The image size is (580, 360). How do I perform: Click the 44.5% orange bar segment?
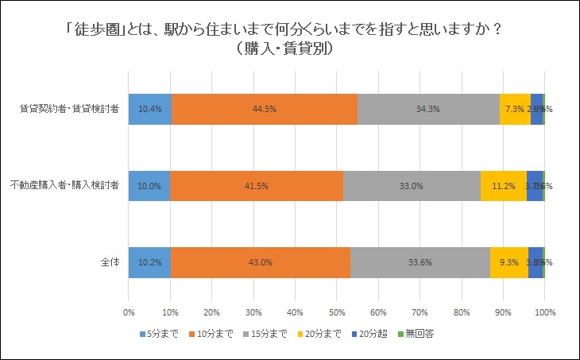pyautogui.click(x=265, y=109)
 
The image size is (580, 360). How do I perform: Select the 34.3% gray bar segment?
pyautogui.click(x=428, y=109)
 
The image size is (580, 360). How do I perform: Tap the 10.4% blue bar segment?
pyautogui.click(x=149, y=109)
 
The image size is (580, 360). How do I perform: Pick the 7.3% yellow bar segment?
pyautogui.click(x=515, y=109)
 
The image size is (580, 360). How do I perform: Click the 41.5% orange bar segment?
pyautogui.click(x=257, y=186)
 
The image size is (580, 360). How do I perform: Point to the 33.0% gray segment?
pyautogui.click(x=412, y=186)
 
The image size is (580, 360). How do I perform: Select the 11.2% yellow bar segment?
pyautogui.click(x=503, y=186)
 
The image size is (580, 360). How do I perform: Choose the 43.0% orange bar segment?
pyautogui.click(x=260, y=262)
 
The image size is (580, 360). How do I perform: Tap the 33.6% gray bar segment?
pyautogui.click(x=420, y=262)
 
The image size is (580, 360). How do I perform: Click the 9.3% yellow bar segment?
pyautogui.click(x=509, y=262)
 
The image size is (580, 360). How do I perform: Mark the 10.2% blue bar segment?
pyautogui.click(x=149, y=262)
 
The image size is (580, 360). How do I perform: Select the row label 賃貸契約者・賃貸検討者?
pyautogui.click(x=69, y=109)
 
